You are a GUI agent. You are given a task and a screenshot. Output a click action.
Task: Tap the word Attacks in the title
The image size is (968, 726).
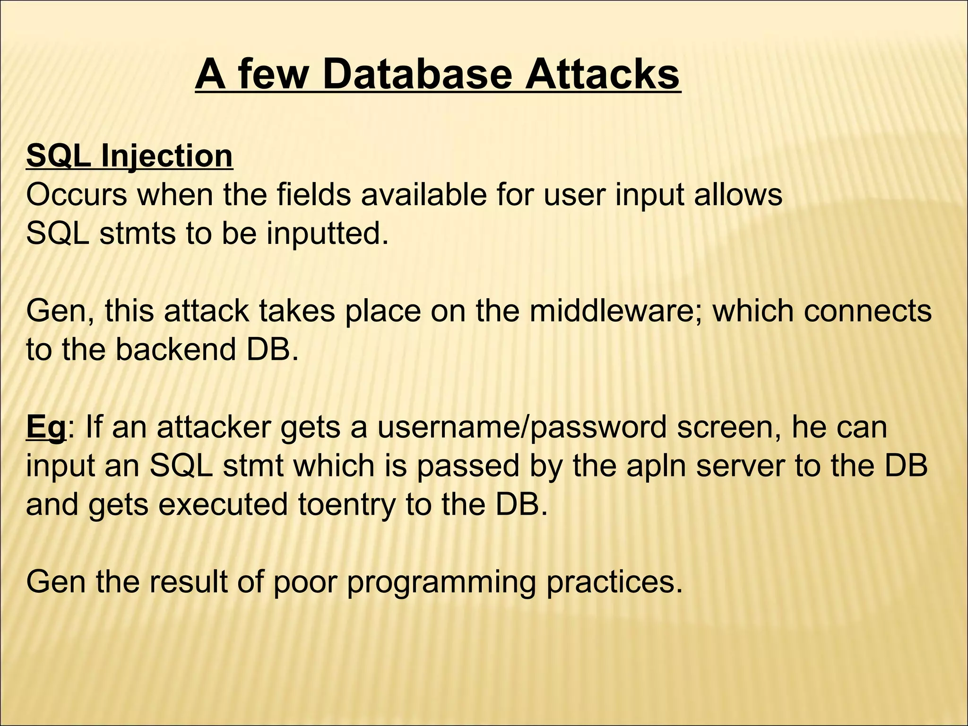602,75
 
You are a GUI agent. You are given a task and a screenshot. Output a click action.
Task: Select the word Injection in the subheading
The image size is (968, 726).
166,156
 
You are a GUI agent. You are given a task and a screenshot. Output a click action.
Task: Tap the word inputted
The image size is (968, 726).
327,233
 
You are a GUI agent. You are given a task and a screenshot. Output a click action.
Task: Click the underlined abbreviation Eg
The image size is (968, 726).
46,427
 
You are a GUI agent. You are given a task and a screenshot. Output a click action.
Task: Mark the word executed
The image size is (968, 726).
223,505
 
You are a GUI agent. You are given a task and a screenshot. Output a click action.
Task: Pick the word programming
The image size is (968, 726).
442,582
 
